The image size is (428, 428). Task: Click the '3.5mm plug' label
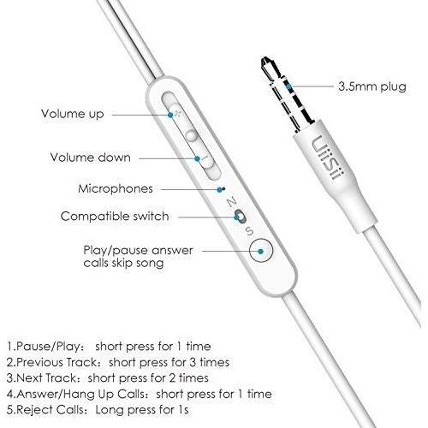click(x=372, y=86)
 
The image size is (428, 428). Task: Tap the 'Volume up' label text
click(x=73, y=114)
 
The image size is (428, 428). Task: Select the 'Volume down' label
click(x=91, y=158)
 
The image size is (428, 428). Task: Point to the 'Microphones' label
click(x=116, y=188)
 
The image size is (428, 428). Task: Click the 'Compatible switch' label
click(x=115, y=217)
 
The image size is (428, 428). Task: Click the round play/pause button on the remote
click(x=261, y=251)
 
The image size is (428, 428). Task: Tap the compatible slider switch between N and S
click(x=240, y=216)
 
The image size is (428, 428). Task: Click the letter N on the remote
click(x=232, y=202)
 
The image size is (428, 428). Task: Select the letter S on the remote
click(x=250, y=231)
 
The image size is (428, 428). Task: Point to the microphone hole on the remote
click(x=223, y=188)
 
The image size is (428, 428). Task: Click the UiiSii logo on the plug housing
click(x=328, y=158)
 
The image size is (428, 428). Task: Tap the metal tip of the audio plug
click(x=267, y=64)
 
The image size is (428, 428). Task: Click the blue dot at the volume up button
click(x=170, y=115)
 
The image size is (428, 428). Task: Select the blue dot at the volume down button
click(x=197, y=158)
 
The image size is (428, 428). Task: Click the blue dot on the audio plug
click(x=289, y=86)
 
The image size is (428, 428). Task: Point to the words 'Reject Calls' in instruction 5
click(x=51, y=410)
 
